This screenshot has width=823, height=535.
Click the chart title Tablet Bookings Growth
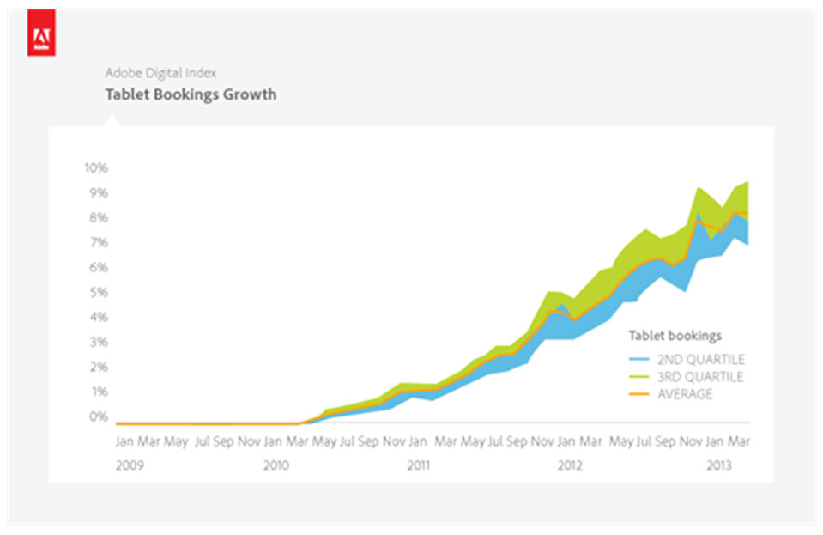coord(191,94)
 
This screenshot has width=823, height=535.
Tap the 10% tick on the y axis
coord(96,167)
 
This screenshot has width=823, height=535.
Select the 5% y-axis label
coord(99,293)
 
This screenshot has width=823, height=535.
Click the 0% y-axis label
coord(99,417)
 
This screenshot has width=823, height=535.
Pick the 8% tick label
coord(99,218)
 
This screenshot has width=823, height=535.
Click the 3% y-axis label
coord(99,343)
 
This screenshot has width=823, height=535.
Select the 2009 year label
coord(130,465)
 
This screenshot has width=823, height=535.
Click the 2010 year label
coord(275,465)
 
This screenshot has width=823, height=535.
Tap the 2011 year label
coord(418,465)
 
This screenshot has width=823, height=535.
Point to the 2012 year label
coord(570,465)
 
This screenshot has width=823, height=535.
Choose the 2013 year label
coord(717,465)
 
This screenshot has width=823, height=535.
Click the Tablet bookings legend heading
coord(675,335)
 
